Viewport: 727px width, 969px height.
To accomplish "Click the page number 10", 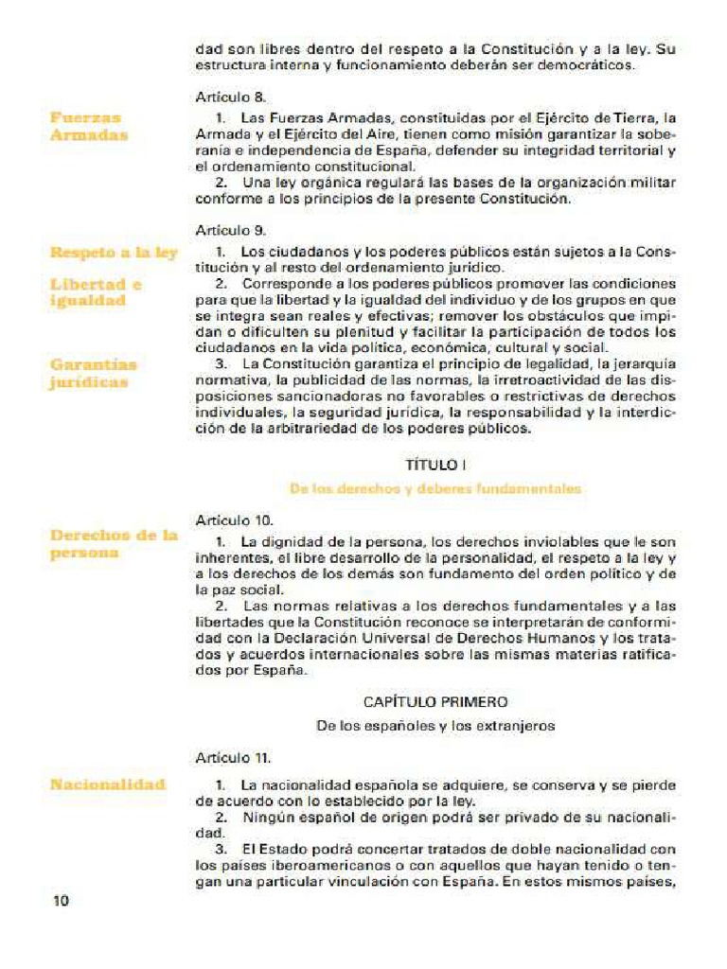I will click(x=61, y=900).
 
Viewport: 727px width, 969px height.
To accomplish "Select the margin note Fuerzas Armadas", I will click(x=89, y=127).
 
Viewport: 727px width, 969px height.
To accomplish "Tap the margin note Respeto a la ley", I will click(x=114, y=253).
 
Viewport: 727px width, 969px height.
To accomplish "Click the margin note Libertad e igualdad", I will click(x=96, y=292).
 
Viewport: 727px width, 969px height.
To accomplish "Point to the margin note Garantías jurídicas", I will click(x=93, y=373).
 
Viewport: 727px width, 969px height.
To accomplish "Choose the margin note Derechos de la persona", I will click(x=114, y=544).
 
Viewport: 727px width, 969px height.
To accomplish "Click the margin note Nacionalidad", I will click(x=107, y=784).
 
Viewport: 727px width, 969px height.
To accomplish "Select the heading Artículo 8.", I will click(x=231, y=97).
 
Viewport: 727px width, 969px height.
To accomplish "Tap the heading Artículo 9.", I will click(x=231, y=230).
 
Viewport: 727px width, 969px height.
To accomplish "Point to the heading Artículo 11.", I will click(x=233, y=758).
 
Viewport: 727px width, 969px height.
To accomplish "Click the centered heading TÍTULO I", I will click(x=435, y=465).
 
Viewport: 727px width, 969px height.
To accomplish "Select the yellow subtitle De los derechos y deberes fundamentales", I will click(x=435, y=489).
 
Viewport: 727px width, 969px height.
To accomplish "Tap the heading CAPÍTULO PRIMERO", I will click(x=435, y=702).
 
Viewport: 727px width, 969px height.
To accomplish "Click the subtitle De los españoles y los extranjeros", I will click(x=435, y=726).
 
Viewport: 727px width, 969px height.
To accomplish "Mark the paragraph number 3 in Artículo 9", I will click(x=221, y=363).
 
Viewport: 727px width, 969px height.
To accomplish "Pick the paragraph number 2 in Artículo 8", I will click(x=221, y=183).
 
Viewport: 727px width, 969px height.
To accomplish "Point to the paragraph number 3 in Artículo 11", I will click(x=221, y=849).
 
